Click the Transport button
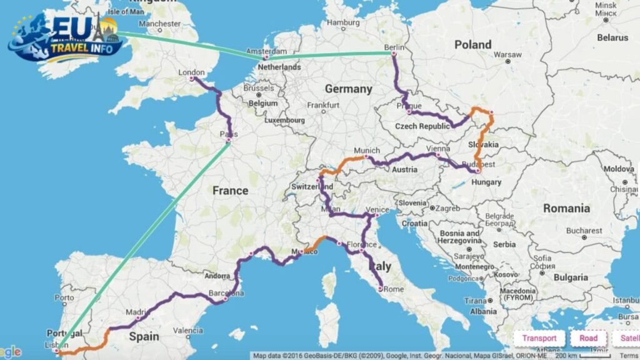(539, 338)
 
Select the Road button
(588, 338)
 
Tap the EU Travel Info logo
(66, 39)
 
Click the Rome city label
(393, 289)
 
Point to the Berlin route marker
(394, 54)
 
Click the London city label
(192, 72)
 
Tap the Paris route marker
(228, 141)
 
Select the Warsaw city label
(507, 54)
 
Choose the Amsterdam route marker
(266, 57)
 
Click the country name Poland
(472, 44)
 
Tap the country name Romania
(566, 208)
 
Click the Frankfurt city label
(323, 105)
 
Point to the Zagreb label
(447, 207)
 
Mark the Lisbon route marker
(57, 351)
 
